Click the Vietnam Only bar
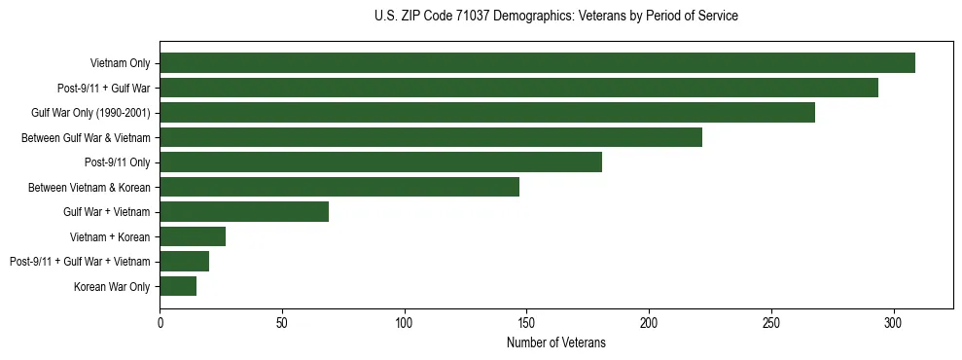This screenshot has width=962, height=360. [537, 63]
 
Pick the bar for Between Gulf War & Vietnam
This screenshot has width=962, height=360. [431, 137]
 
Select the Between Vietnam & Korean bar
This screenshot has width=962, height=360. [339, 187]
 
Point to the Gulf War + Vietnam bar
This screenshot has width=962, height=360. [244, 211]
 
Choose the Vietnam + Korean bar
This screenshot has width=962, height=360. [193, 236]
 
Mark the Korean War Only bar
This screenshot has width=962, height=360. [178, 286]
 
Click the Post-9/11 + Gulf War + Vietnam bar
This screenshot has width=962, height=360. [184, 261]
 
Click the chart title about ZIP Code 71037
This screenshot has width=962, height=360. [556, 17]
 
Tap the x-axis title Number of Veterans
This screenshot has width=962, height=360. [556, 342]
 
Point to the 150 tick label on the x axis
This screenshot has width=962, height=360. [526, 321]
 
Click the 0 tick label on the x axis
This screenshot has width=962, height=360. [160, 321]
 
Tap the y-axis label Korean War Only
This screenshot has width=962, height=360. [112, 286]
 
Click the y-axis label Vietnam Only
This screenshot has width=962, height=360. [120, 63]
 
